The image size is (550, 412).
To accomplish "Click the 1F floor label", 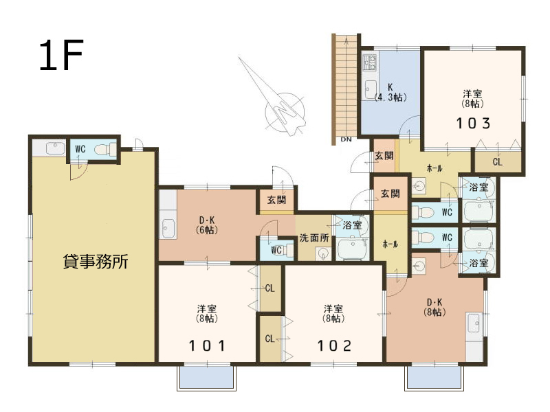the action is (61, 55).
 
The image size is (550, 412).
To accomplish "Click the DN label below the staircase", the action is (346, 139).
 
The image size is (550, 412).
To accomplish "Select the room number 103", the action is (472, 124).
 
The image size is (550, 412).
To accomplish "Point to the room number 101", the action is (207, 346).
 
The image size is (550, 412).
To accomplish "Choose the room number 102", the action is (334, 346).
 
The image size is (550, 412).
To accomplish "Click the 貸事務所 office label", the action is (96, 262).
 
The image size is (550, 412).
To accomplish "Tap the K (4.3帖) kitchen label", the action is (390, 93).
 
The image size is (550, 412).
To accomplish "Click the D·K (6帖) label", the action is (207, 225).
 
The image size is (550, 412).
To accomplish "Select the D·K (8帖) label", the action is (434, 307).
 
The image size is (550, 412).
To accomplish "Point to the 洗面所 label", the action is (314, 238).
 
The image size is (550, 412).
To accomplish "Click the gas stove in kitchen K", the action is (370, 62).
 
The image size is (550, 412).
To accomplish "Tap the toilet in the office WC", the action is (106, 150).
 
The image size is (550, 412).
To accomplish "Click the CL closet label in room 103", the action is (497, 162).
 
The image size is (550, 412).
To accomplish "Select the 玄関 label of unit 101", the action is (277, 200).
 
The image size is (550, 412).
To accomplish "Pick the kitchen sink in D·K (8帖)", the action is (474, 323).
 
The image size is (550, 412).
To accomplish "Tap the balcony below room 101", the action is (207, 378).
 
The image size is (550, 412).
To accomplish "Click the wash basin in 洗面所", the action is (322, 253).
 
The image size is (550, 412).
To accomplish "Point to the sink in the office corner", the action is (56, 148).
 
